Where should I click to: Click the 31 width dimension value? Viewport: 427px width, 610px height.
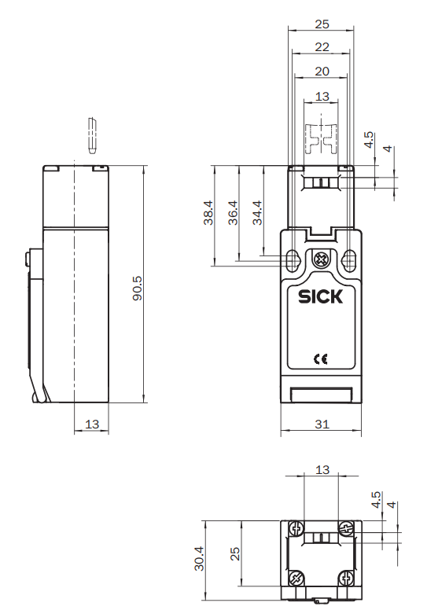[321, 424]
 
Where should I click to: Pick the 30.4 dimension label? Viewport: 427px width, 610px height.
[199, 559]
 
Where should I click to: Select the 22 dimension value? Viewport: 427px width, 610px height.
[321, 47]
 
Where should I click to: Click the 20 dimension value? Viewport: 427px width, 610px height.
[321, 71]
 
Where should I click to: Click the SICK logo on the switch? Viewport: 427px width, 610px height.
[321, 297]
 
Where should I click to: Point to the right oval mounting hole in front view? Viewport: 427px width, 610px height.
[349, 259]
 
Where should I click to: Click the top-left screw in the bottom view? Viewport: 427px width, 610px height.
[296, 527]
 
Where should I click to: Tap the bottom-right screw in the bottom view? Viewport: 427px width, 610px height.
[346, 579]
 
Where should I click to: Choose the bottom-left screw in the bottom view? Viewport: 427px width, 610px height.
[296, 579]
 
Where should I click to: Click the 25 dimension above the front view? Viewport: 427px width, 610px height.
[321, 24]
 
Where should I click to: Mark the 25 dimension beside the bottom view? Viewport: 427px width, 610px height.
[234, 555]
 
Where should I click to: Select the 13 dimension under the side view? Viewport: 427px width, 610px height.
[91, 424]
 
